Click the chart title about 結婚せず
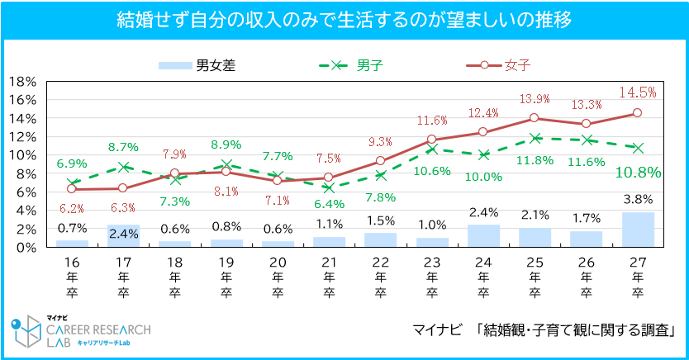pyautogui.click(x=344, y=19)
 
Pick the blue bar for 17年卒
pyautogui.click(x=123, y=235)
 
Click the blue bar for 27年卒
pyautogui.click(x=637, y=230)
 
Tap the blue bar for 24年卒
pyautogui.click(x=483, y=235)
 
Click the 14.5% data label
pyautogui.click(x=638, y=92)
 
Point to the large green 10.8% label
pyautogui.click(x=638, y=173)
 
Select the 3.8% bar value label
pyautogui.click(x=638, y=199)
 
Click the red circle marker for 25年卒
pyautogui.click(x=535, y=118)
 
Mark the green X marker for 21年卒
pyautogui.click(x=329, y=187)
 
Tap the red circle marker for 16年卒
pyautogui.click(x=72, y=189)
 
